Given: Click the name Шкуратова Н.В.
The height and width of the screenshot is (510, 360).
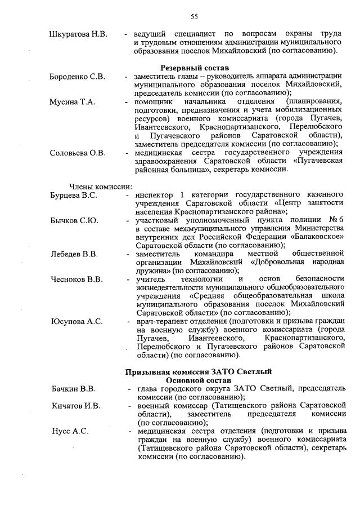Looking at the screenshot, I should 78,34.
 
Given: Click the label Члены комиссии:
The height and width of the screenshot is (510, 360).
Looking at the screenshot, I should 100,187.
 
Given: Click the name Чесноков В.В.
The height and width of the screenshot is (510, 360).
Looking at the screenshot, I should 76,279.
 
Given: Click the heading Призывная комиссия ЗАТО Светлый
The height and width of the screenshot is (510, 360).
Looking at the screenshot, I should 197,371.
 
